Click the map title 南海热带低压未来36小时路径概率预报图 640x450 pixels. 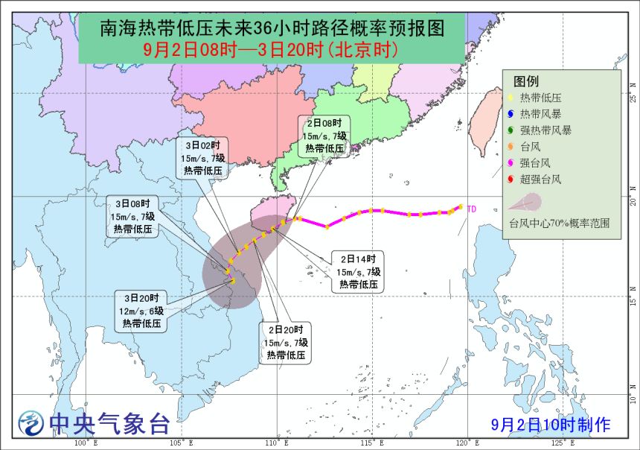pyautogui.click(x=272, y=29)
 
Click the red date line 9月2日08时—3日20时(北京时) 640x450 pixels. pyautogui.click(x=272, y=50)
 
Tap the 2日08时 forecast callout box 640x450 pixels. pyautogui.click(x=324, y=136)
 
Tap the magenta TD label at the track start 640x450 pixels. pyautogui.click(x=471, y=209)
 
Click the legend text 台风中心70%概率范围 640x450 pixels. pyautogui.click(x=560, y=222)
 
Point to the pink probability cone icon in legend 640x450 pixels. pyautogui.click(x=525, y=202)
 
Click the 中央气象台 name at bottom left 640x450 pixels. pyautogui.click(x=109, y=424)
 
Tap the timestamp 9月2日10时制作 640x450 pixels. pyautogui.click(x=551, y=425)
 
